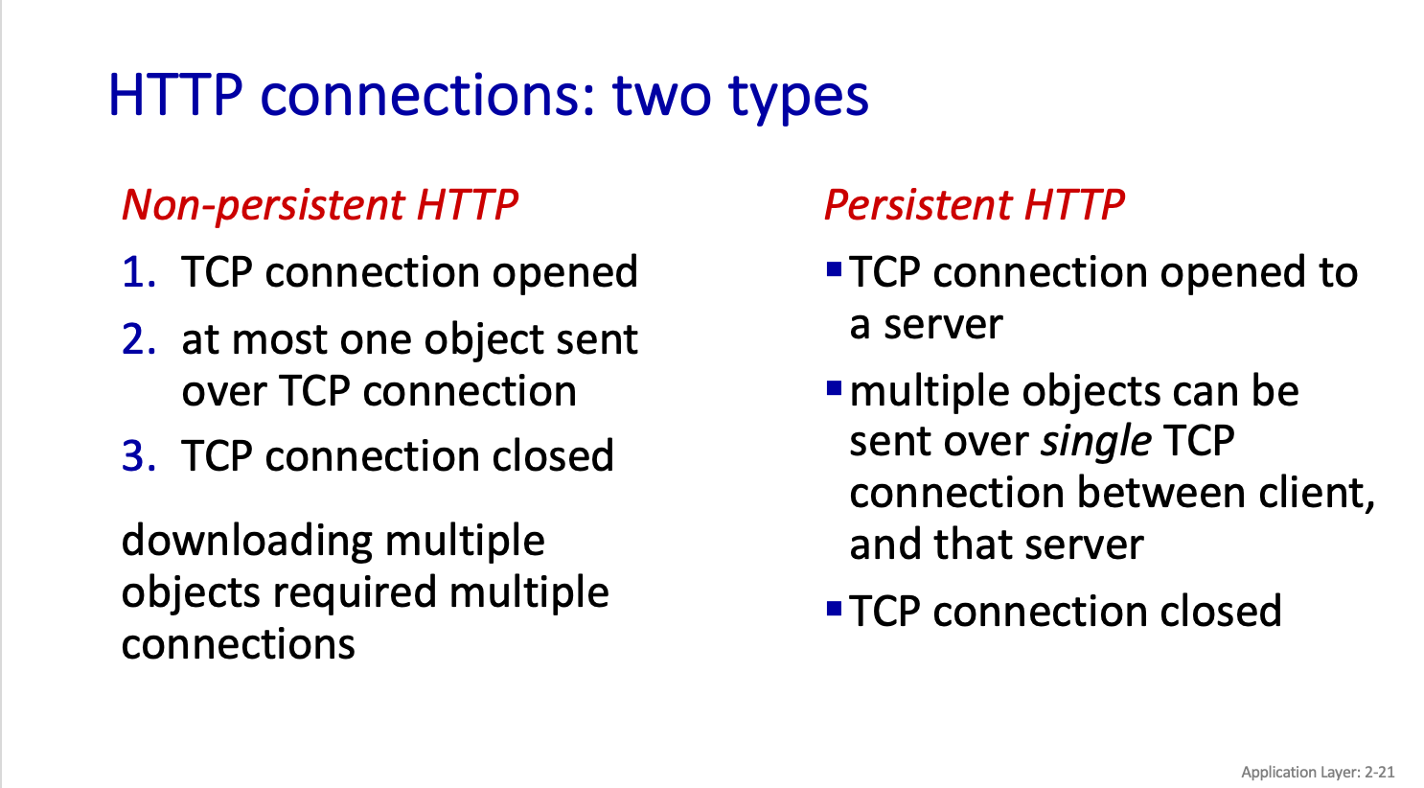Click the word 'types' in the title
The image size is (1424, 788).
(x=798, y=98)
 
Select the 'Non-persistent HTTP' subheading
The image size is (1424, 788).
(x=320, y=206)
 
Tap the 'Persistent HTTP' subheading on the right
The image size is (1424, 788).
(x=974, y=206)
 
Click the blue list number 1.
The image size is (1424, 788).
(x=138, y=272)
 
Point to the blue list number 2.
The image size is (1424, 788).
(x=139, y=339)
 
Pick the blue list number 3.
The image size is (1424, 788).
(x=139, y=456)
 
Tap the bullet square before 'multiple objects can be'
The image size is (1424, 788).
(x=834, y=388)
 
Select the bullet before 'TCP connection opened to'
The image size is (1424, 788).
(x=834, y=269)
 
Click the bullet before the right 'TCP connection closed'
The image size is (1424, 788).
(x=834, y=609)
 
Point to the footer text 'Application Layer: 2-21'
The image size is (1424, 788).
(x=1318, y=772)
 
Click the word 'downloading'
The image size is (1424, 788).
(x=246, y=542)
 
